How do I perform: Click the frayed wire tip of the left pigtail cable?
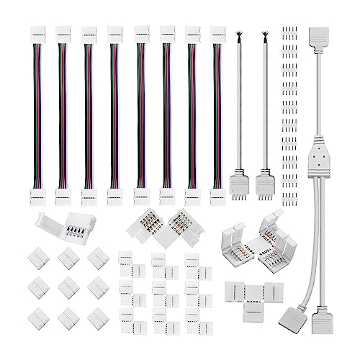[x=236, y=35]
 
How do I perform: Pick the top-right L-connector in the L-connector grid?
[x=194, y=261]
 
